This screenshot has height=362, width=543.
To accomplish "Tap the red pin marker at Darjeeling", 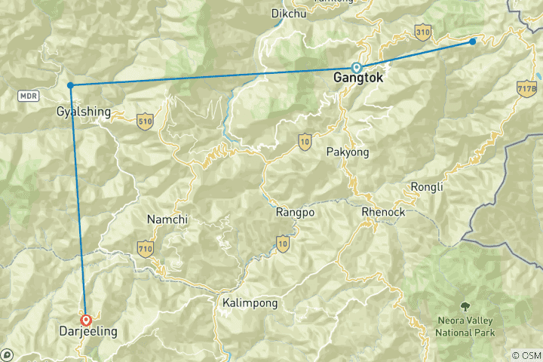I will click(x=86, y=320).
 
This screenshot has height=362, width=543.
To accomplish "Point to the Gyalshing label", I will click(x=83, y=112).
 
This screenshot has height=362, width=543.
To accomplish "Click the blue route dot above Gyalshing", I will click(x=70, y=85).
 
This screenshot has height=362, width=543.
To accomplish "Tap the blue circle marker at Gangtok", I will click(x=357, y=67).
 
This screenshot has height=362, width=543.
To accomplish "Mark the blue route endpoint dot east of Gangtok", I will click(x=473, y=41).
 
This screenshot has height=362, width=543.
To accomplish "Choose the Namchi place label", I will click(x=168, y=219).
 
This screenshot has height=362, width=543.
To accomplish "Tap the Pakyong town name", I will click(x=348, y=152).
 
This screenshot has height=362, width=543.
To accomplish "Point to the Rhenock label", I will click(x=383, y=212).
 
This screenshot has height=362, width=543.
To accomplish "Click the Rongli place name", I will click(x=426, y=187).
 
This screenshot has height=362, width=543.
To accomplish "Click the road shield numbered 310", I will click(x=422, y=32).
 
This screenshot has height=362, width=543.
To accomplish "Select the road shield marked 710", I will click(x=146, y=247).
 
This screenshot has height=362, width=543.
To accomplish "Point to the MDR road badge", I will click(x=29, y=96).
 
